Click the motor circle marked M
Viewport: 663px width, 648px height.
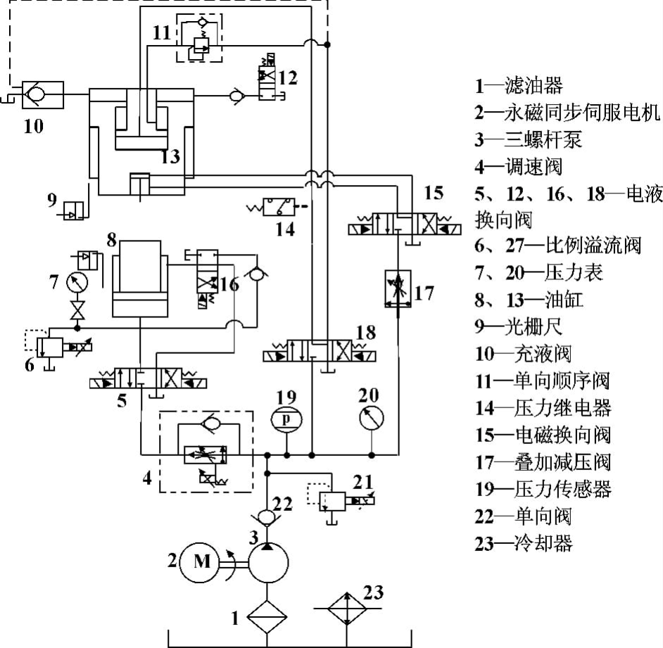click(202, 561)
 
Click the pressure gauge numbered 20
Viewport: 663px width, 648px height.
click(371, 418)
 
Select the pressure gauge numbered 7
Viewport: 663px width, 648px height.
click(74, 283)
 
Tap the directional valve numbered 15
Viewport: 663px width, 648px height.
click(406, 229)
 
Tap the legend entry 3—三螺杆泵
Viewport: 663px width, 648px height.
click(529, 139)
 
